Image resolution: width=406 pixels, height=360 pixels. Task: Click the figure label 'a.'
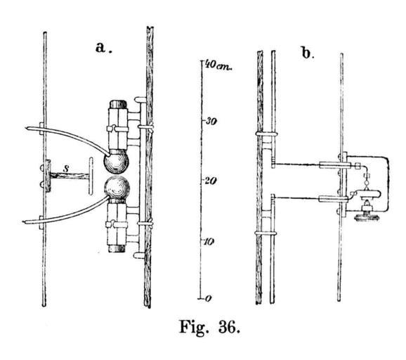103,48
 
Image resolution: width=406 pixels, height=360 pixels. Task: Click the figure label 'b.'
308,53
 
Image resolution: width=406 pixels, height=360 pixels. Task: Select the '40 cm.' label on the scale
219,65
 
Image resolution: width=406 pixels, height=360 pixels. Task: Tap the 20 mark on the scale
211,181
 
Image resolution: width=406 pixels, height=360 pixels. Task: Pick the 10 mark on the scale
210,242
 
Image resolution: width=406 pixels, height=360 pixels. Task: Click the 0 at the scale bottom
209,299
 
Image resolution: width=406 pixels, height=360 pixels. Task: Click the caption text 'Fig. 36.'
210,326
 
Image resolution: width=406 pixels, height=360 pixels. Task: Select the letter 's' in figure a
66,169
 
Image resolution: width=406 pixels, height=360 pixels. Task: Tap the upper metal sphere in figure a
116,162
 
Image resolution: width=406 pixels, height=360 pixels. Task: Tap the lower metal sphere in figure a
117,187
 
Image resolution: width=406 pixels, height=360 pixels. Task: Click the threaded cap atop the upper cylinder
118,104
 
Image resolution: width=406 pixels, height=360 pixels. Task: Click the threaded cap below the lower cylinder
117,248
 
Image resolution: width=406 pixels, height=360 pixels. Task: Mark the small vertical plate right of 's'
91,176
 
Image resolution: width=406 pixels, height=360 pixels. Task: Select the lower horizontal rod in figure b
310,198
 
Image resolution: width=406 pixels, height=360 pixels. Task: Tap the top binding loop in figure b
266,134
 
